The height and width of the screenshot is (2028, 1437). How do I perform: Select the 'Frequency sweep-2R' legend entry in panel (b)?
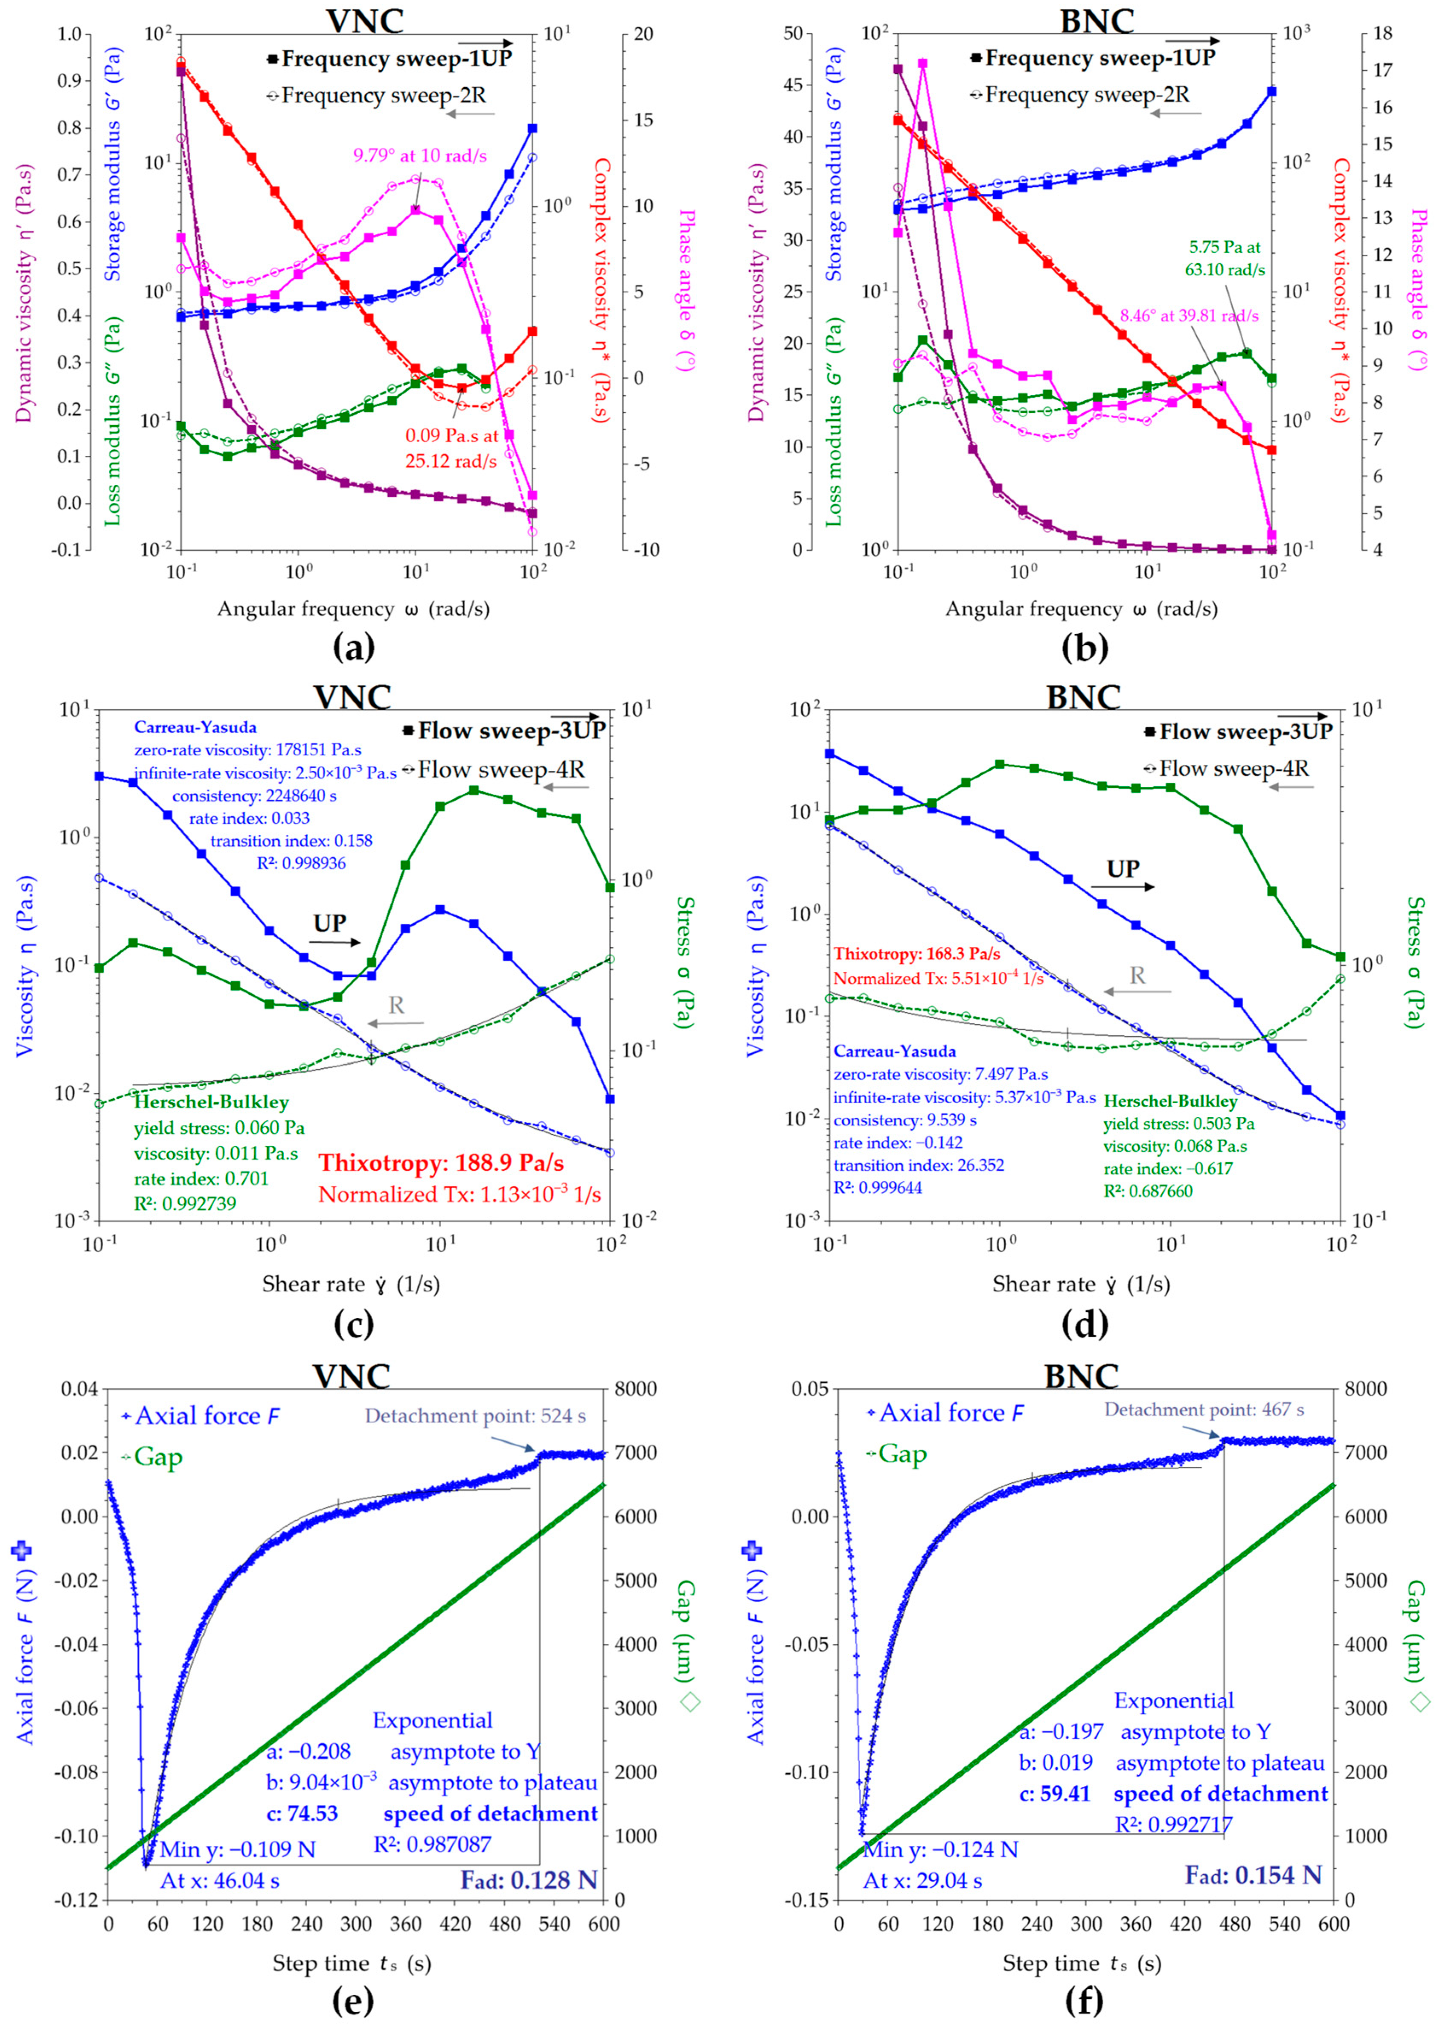(1087, 95)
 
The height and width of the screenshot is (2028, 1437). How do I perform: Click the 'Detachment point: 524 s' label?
(475, 1416)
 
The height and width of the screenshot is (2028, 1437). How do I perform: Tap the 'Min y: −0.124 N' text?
(940, 1849)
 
